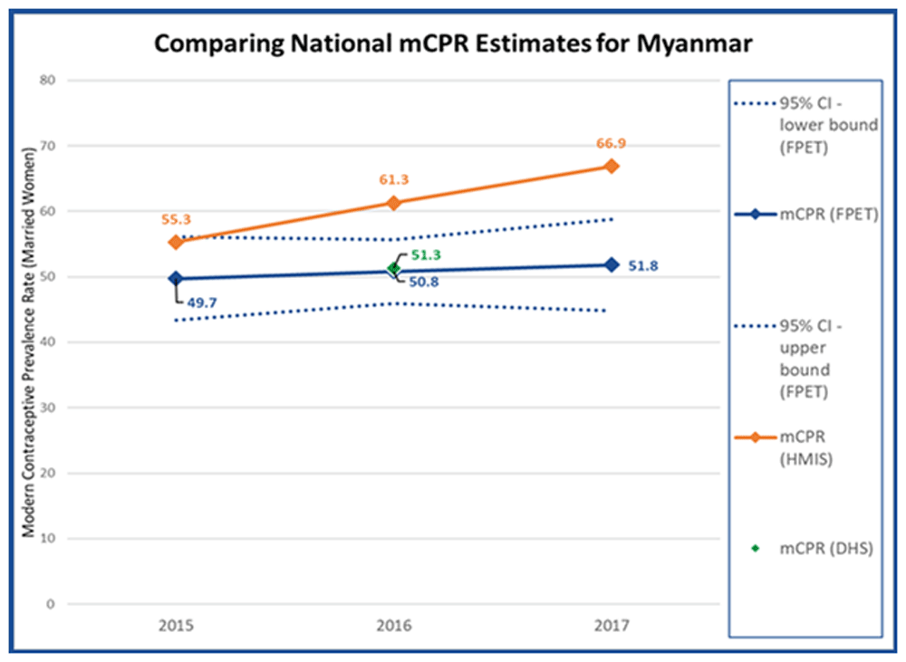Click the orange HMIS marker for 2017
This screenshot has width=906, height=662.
612,166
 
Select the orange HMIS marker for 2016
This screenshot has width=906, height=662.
393,203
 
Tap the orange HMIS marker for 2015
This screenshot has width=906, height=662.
175,242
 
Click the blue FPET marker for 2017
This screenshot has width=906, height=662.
612,264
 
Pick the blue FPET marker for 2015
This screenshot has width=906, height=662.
175,278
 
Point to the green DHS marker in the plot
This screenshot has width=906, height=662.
393,268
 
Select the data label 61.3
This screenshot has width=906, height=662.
393,179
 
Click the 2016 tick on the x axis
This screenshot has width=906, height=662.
393,626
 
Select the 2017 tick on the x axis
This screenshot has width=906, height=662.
612,626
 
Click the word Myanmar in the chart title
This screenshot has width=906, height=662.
699,43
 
